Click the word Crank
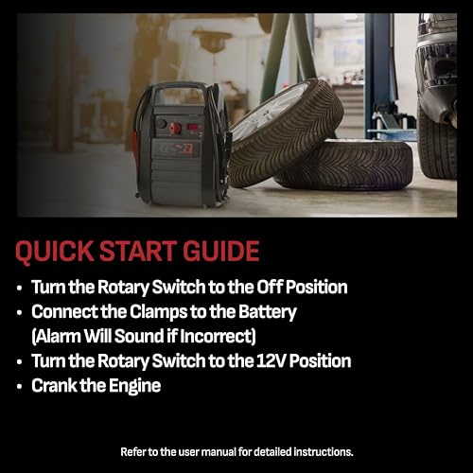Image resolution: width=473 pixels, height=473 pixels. [55, 385]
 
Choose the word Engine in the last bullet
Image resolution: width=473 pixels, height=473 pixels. [135, 385]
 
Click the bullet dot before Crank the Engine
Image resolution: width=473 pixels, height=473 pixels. [20, 386]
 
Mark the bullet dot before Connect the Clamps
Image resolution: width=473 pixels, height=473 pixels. [20, 312]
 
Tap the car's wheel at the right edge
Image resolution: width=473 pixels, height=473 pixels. [437, 142]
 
